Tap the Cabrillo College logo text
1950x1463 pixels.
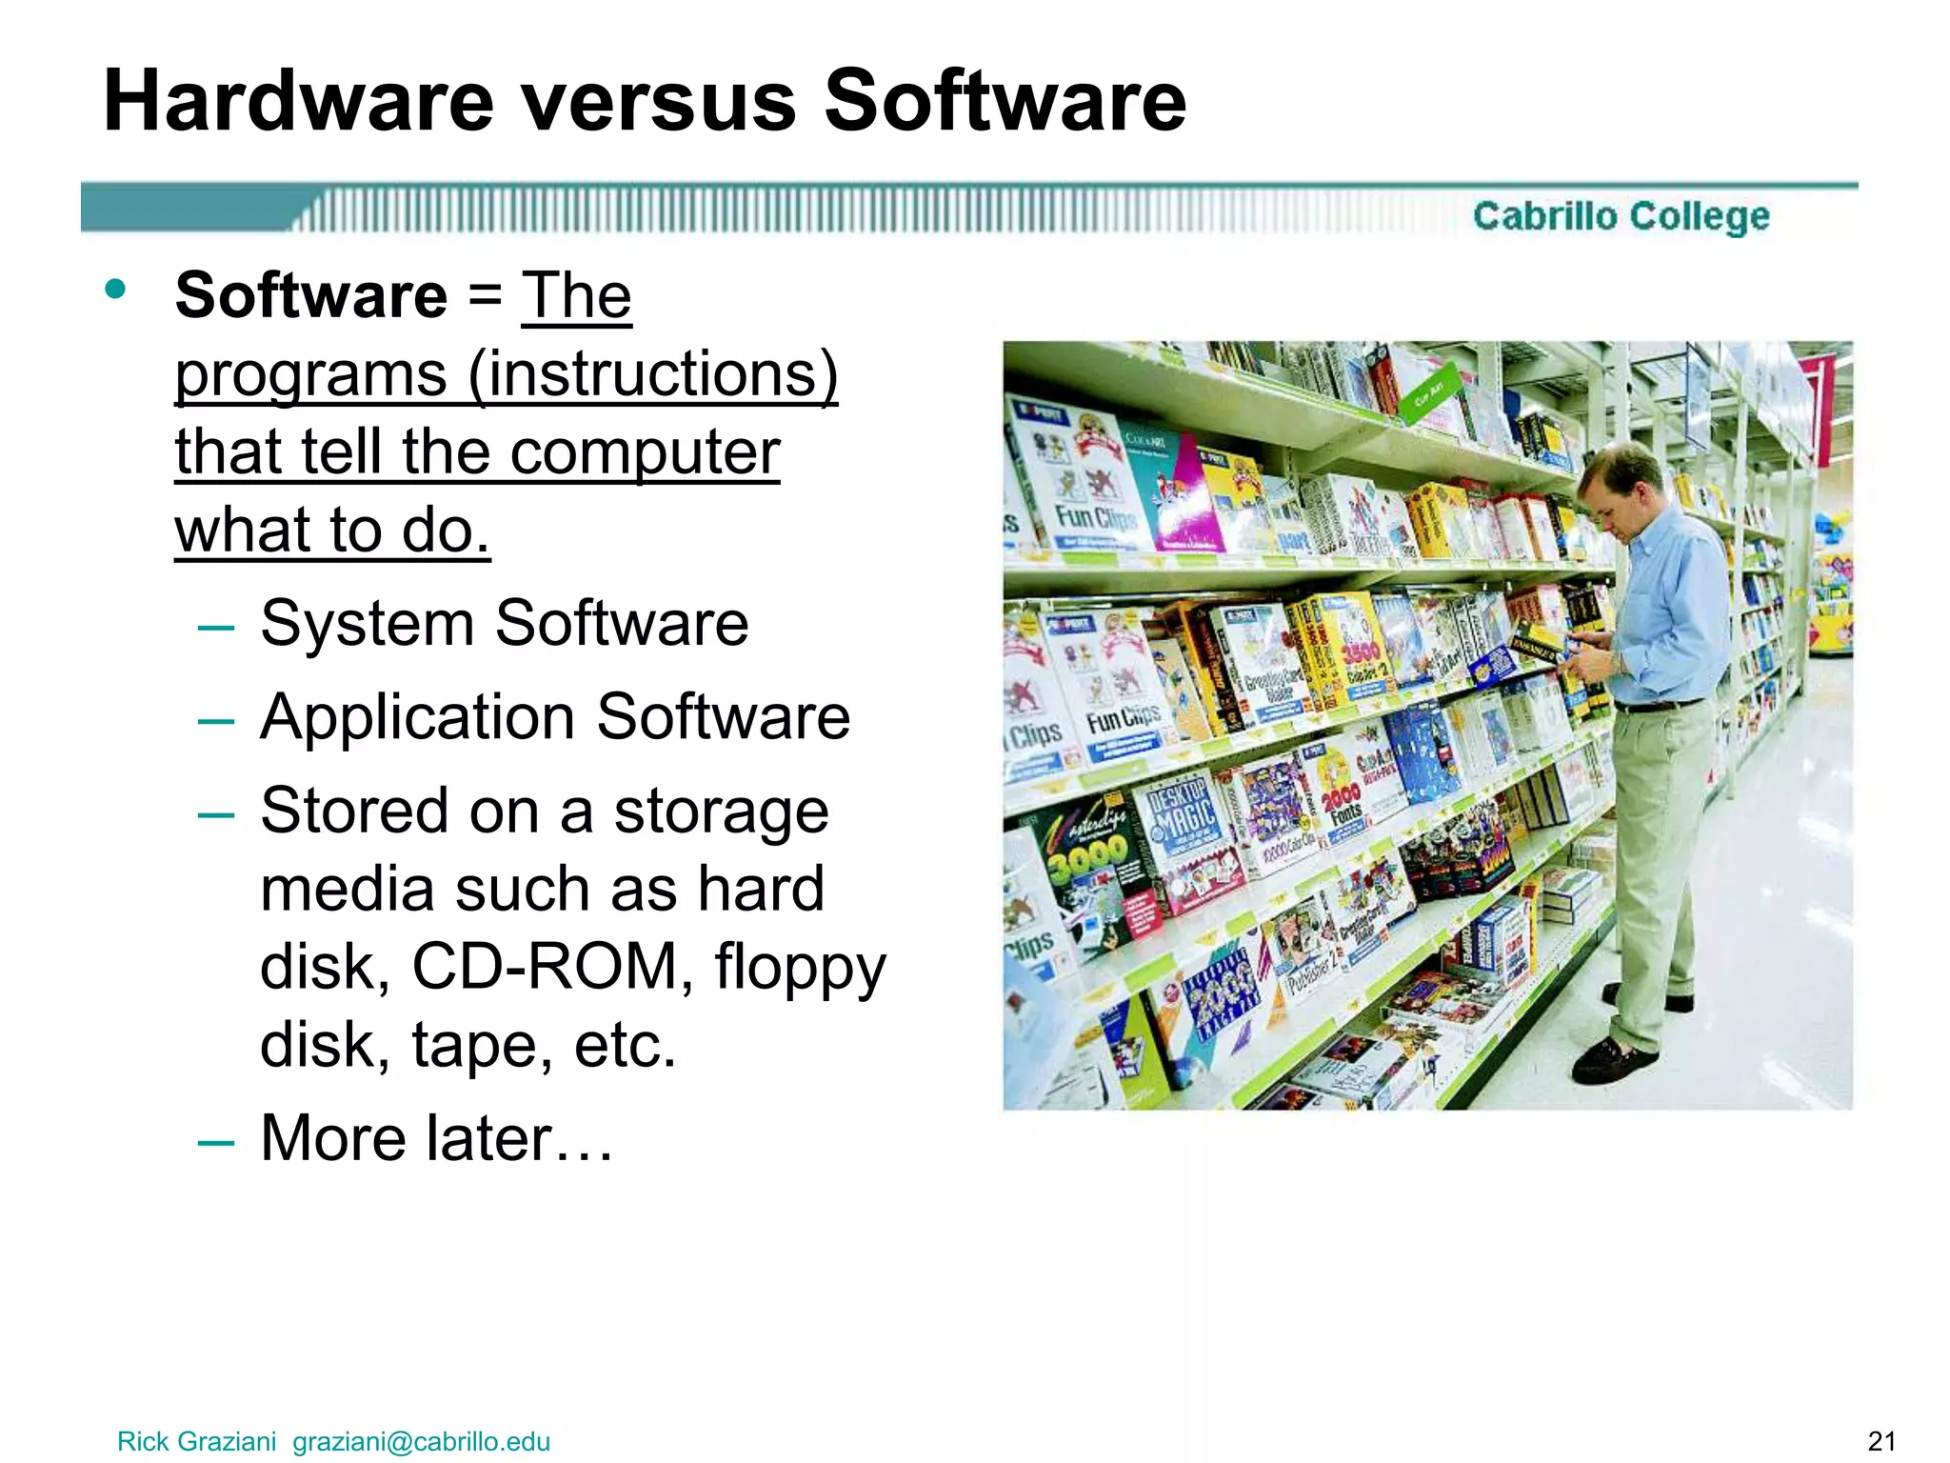[1621, 216]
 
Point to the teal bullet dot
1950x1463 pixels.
[116, 289]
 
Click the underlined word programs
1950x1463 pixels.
[311, 374]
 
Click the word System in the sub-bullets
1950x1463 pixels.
[367, 624]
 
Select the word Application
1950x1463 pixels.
[418, 717]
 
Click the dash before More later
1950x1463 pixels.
[216, 1140]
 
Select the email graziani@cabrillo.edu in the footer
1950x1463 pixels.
[421, 1442]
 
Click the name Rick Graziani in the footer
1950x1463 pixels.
[196, 1442]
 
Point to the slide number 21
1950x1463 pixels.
[1881, 1442]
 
